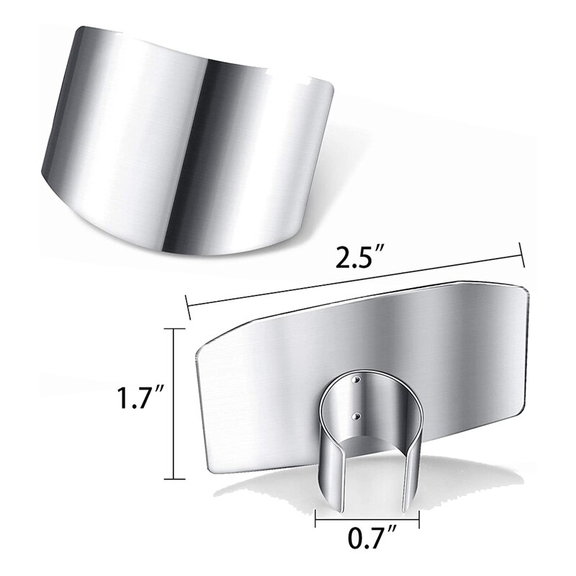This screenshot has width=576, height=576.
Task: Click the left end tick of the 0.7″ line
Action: [316, 516]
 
